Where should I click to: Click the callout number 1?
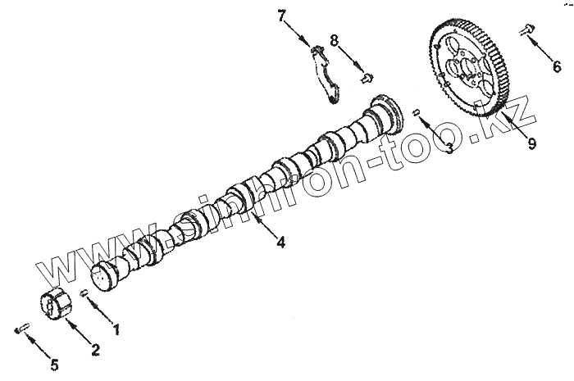click(116, 330)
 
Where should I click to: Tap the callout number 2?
click(95, 351)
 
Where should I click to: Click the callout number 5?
click(54, 364)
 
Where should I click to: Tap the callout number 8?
click(335, 39)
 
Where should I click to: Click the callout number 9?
click(531, 143)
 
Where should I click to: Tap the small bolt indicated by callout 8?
click(367, 79)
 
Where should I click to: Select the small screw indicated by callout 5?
click(22, 329)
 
